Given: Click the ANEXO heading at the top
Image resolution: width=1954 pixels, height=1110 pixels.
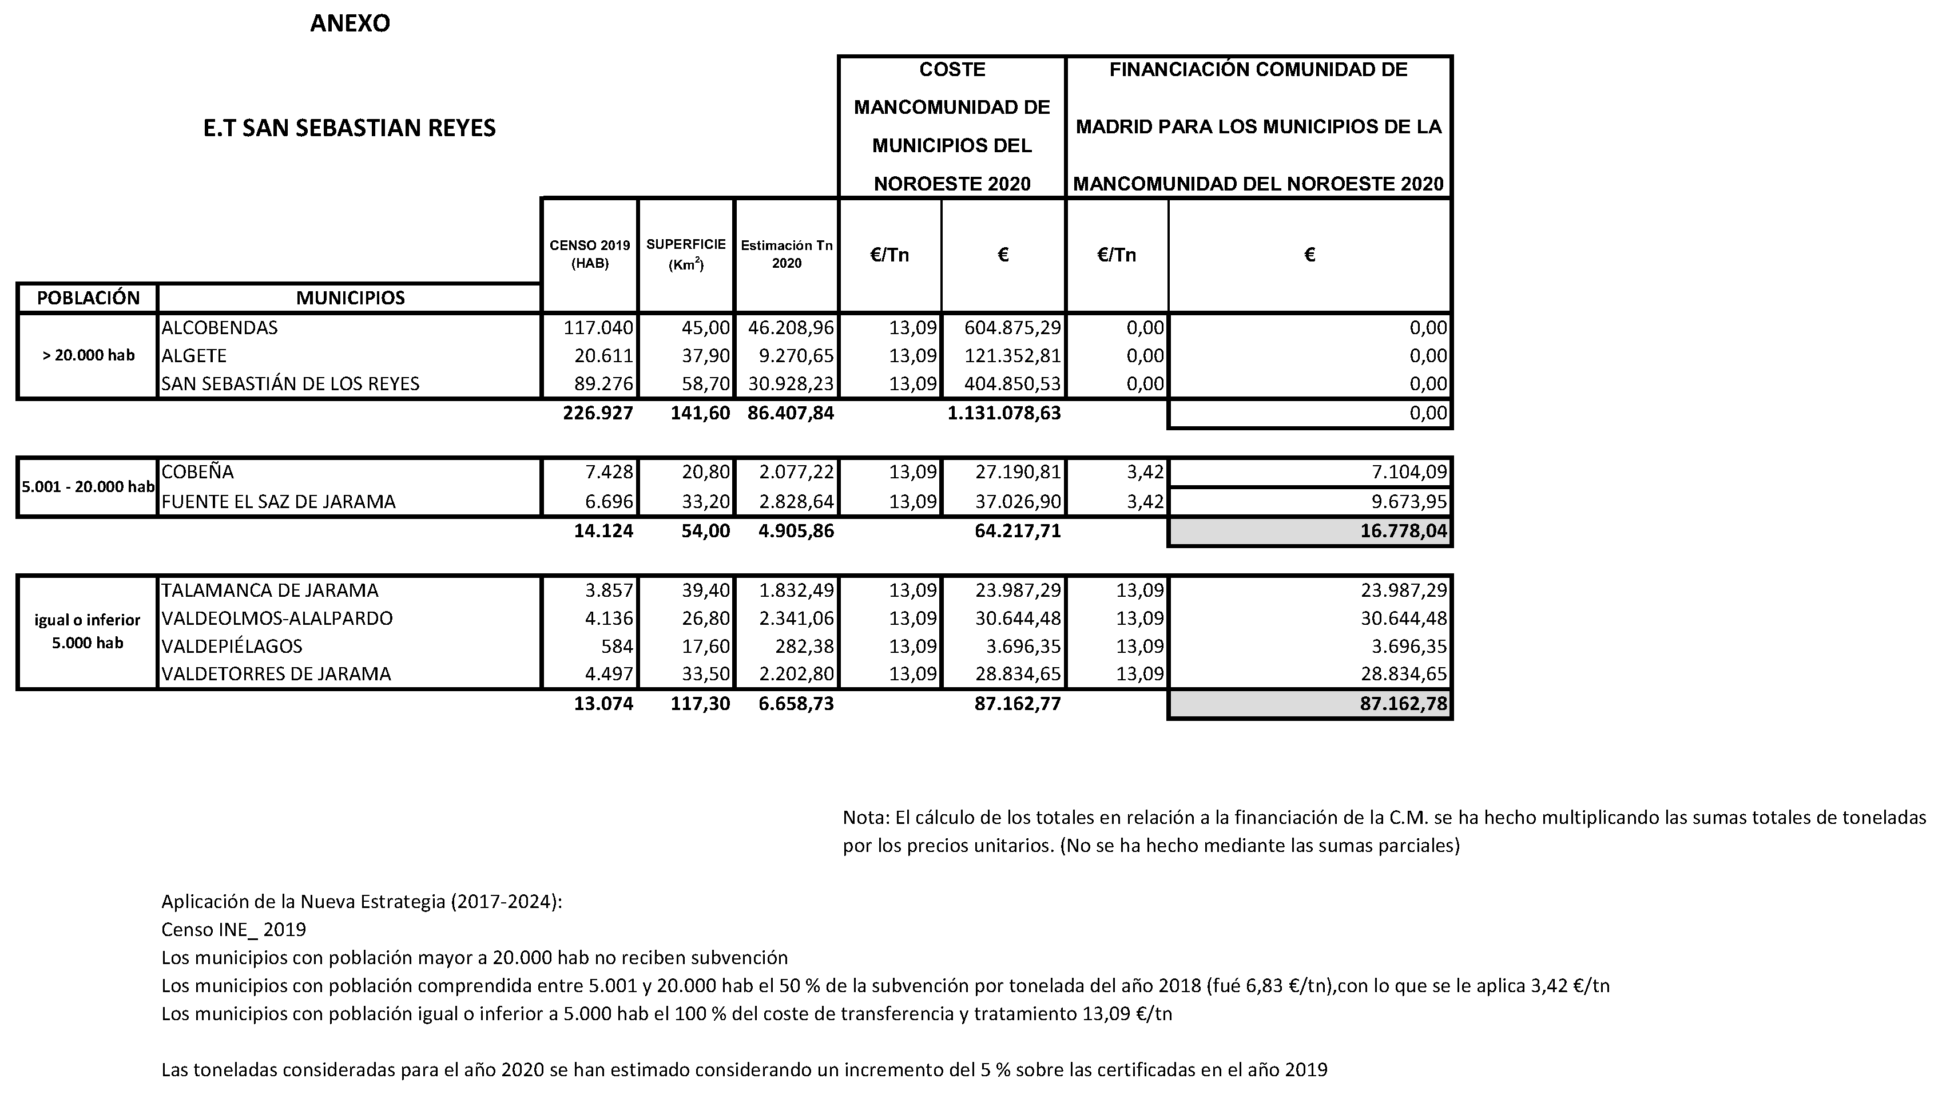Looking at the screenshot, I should point(350,23).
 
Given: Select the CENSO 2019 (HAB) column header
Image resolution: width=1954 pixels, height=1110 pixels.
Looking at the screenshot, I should point(590,255).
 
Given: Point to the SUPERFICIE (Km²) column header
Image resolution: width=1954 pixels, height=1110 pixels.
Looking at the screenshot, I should point(686,255).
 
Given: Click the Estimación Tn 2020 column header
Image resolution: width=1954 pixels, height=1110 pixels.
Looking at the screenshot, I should point(787,255).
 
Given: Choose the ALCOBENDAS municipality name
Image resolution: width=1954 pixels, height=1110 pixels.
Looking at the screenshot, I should point(220,328).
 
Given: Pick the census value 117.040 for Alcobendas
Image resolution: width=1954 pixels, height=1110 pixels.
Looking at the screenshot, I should point(598,328).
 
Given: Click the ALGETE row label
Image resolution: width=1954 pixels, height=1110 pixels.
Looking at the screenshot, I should point(194,356).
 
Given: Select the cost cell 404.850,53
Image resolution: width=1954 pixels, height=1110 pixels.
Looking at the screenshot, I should point(1012,383).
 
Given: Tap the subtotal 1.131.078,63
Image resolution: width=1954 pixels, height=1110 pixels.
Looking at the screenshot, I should point(1004,413).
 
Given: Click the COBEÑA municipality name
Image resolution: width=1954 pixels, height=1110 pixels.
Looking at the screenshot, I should point(198,472).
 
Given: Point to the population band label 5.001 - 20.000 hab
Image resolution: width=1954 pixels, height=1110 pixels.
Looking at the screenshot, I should point(88,486).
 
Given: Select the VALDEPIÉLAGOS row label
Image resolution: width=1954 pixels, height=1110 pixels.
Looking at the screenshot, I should point(232,647).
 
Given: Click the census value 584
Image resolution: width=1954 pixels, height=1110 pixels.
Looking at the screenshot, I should point(617,647).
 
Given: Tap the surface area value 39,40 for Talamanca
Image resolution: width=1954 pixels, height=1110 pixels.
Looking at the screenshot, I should point(706,590).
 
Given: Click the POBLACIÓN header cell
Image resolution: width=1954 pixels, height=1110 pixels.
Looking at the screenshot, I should point(88,298).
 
